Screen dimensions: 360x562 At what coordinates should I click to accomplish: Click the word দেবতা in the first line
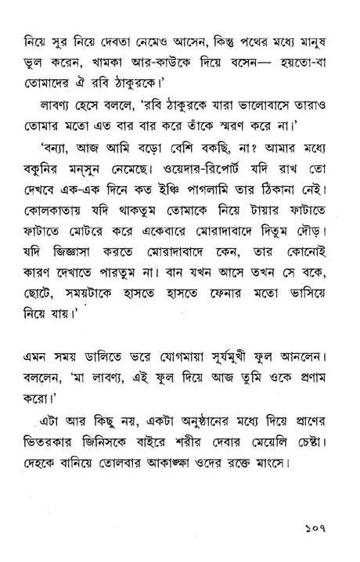point(130,37)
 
